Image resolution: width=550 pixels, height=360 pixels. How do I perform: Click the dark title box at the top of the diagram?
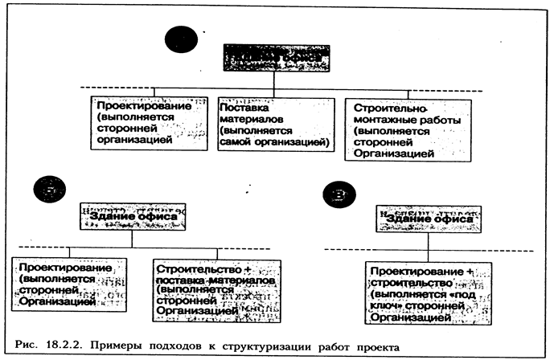[x=274, y=59]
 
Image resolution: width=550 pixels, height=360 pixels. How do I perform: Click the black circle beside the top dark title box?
[x=180, y=40]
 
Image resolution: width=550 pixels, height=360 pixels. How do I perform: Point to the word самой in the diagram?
[x=239, y=143]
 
